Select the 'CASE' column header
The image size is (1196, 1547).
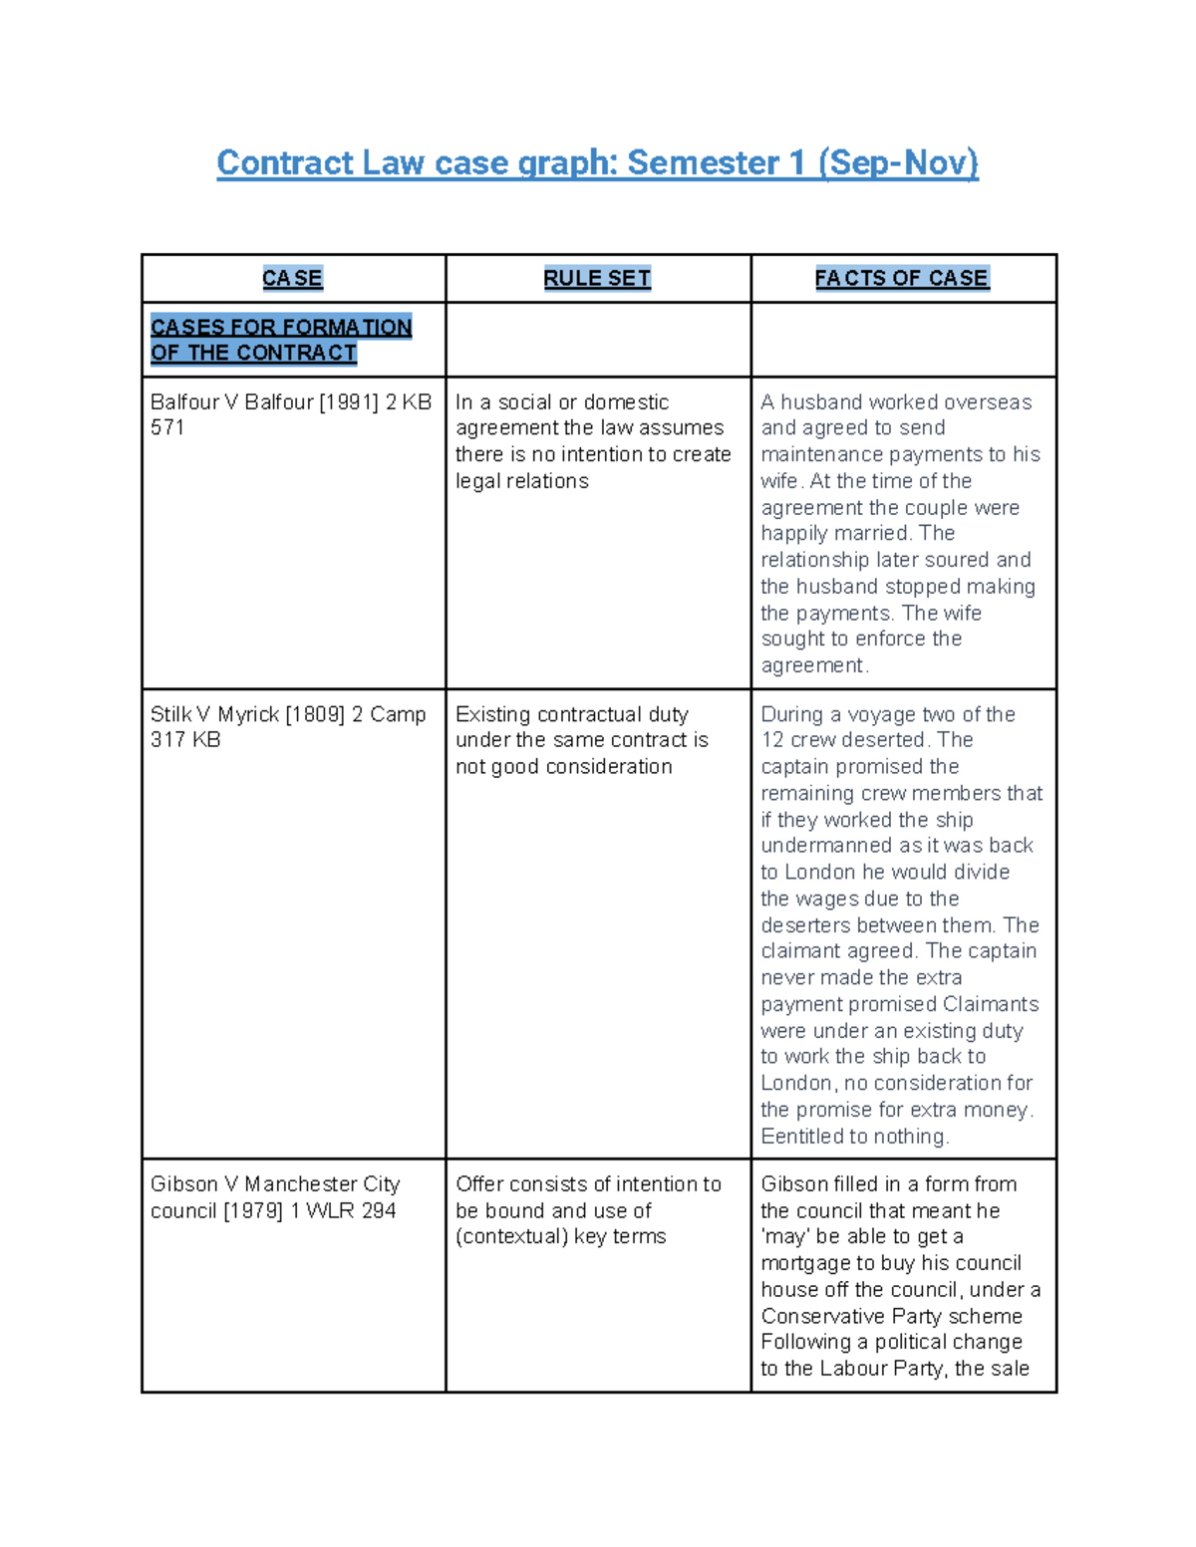tap(292, 278)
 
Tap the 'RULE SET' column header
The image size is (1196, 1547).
tap(597, 278)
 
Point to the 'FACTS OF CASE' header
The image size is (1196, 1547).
tap(901, 278)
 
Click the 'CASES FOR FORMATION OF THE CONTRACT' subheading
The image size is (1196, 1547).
tap(280, 340)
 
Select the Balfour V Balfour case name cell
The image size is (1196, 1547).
tap(290, 414)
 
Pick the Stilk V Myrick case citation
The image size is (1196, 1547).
tap(288, 726)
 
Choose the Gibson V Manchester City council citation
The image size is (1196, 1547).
tap(274, 1196)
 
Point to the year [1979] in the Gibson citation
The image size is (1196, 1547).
tap(253, 1210)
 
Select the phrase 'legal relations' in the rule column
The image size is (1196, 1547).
tap(521, 481)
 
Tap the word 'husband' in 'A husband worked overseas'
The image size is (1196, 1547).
tap(816, 402)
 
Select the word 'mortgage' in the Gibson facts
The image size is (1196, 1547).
tap(805, 1263)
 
